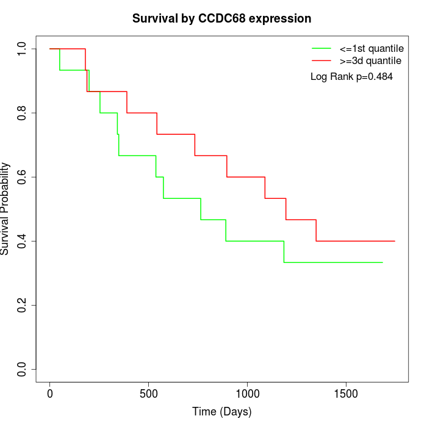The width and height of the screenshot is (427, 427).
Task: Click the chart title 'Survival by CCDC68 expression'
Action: [x=222, y=18]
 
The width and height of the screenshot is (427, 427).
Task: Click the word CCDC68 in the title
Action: [x=221, y=18]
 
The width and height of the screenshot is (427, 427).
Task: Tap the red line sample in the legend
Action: [x=321, y=60]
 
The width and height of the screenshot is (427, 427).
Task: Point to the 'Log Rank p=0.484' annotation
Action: [x=351, y=77]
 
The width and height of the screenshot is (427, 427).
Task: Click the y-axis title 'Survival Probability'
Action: [x=5, y=209]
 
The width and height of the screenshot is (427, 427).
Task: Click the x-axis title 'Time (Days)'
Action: [x=222, y=412]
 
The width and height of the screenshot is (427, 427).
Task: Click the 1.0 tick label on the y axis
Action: [x=23, y=49]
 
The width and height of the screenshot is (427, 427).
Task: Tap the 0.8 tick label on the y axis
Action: [x=23, y=113]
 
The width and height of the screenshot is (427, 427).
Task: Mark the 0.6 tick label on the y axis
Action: [x=23, y=177]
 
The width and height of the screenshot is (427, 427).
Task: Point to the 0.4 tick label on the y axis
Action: [x=23, y=241]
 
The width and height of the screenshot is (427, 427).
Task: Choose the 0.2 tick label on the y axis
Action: [x=23, y=305]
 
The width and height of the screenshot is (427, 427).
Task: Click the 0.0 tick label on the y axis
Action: [x=23, y=369]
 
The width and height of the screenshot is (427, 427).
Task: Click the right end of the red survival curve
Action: [x=395, y=241]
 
